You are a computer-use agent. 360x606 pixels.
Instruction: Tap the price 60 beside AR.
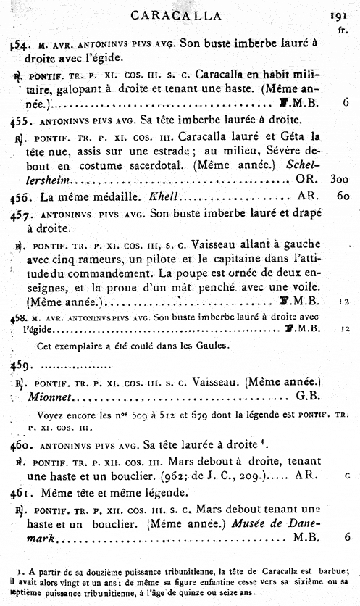(x=343, y=196)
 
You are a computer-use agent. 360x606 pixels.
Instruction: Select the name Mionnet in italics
(x=51, y=396)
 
